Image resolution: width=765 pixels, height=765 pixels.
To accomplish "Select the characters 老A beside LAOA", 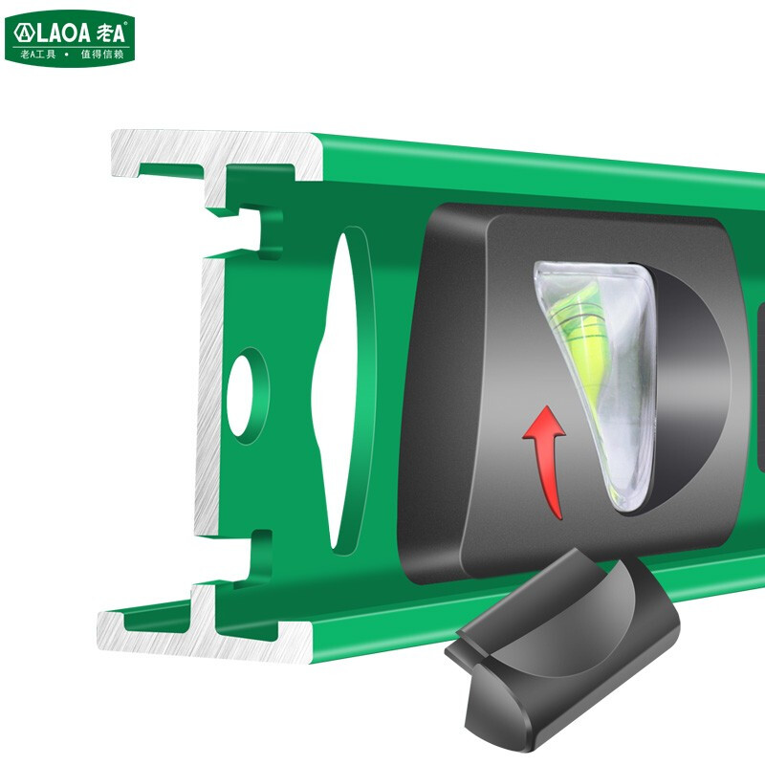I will click(111, 33).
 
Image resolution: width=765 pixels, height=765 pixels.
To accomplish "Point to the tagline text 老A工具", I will click(39, 55).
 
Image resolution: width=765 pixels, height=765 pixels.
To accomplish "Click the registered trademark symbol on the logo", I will click(130, 23).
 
